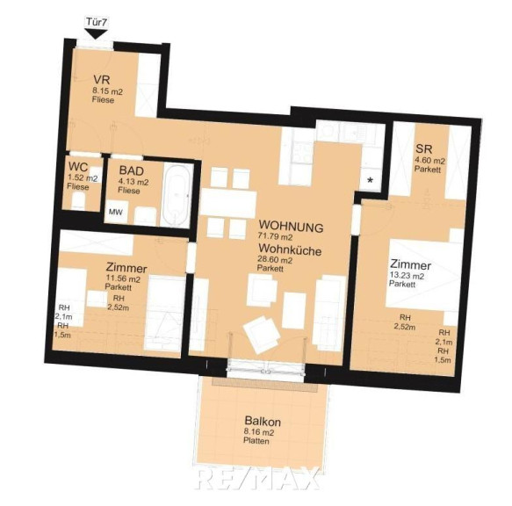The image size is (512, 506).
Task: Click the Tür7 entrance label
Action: tap(97, 22)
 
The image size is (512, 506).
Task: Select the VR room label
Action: tap(101, 80)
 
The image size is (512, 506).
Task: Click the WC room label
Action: tap(78, 167)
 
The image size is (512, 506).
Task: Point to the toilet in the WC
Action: tap(79, 200)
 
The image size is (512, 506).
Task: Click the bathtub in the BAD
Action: tap(177, 195)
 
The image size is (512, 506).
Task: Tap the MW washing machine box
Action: tap(116, 212)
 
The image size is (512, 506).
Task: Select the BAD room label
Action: tap(131, 170)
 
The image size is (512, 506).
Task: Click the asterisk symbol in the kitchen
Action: tap(370, 180)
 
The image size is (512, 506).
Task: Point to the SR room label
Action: tap(424, 149)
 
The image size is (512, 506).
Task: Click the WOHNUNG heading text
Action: tap(291, 226)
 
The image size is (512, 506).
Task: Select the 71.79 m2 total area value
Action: tap(275, 236)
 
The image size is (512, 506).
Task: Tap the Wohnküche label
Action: tap(290, 249)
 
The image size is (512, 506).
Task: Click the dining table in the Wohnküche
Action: tap(228, 203)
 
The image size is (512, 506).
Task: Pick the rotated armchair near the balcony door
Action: tap(263, 335)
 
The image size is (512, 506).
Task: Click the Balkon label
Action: tap(263, 422)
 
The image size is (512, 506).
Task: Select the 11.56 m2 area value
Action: tap(123, 279)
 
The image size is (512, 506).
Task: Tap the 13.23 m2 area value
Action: tap(407, 276)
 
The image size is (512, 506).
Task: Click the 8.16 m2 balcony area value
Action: tap(258, 433)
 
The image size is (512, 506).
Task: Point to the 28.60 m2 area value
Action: tap(275, 260)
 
